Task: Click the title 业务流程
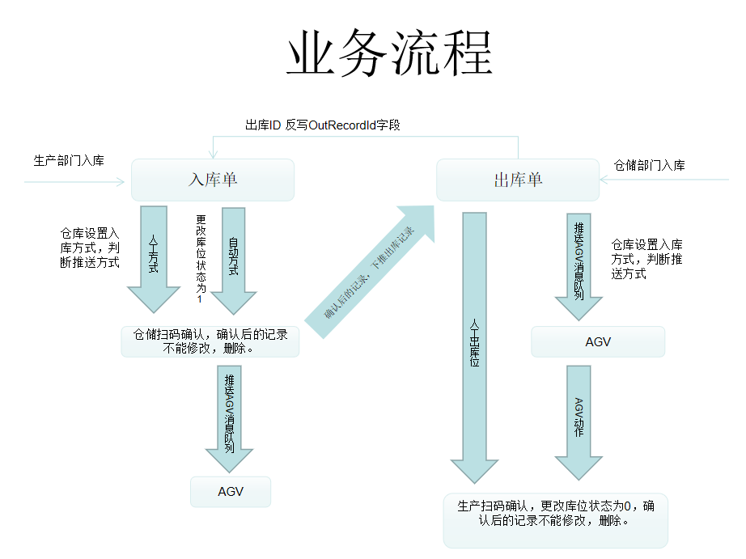point(389,54)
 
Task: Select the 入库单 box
point(212,180)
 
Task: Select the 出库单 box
point(518,180)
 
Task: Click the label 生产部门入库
point(69,161)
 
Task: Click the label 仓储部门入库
point(650,165)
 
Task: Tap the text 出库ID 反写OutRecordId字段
point(323,125)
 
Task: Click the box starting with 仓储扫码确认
point(210,341)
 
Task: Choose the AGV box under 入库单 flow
point(231,492)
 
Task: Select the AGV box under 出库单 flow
point(598,341)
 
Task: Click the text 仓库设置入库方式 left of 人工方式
point(90,248)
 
